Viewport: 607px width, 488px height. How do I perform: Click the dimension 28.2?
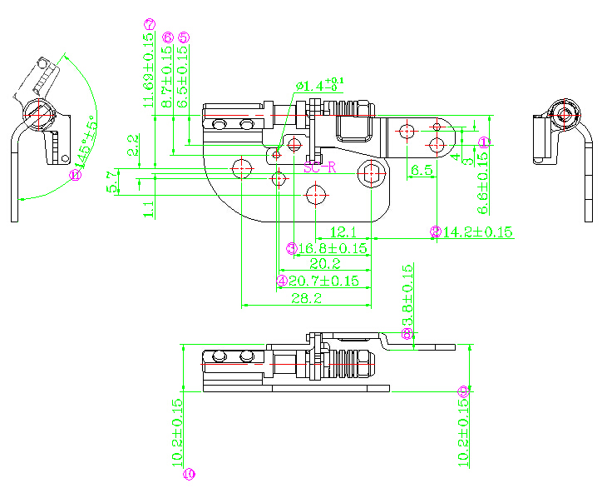(x=306, y=299)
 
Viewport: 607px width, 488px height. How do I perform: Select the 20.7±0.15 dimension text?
(x=323, y=281)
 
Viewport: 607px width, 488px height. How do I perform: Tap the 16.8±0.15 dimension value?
(x=333, y=248)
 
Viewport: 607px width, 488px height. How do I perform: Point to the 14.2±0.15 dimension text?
(x=476, y=232)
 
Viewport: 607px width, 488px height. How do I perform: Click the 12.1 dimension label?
(x=343, y=232)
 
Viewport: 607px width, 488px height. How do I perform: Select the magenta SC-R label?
(x=320, y=167)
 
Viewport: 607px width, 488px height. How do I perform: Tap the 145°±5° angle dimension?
(x=84, y=142)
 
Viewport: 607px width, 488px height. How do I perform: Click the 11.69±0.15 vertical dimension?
(x=149, y=72)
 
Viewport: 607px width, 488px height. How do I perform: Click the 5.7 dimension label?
(x=112, y=182)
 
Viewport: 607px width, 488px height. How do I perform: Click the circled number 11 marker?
(x=75, y=175)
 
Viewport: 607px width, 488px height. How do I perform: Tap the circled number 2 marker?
(x=435, y=232)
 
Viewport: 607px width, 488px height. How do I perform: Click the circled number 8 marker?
(x=407, y=333)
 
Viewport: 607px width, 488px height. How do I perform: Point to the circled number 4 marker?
(x=282, y=281)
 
